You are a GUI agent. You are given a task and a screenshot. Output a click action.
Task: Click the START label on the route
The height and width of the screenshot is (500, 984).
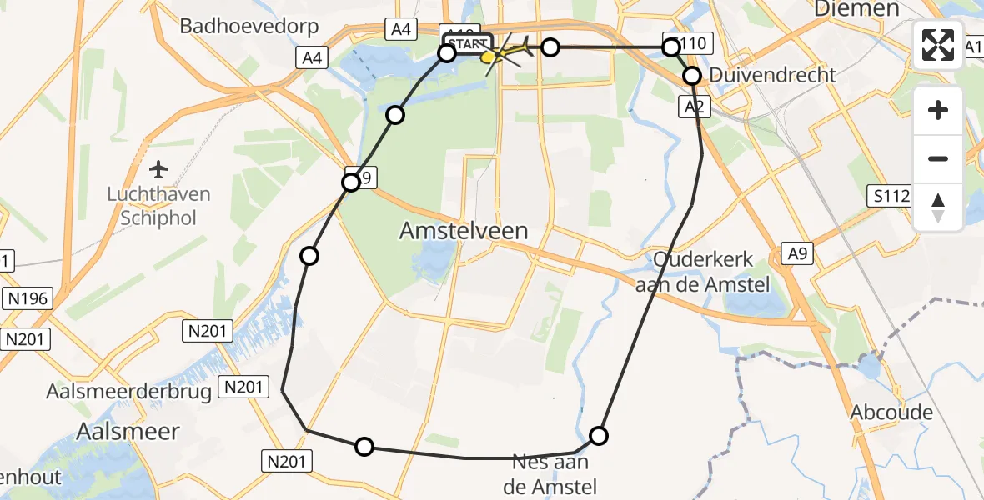pyautogui.click(x=468, y=43)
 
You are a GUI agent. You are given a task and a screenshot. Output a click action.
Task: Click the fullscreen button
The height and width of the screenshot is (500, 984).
pyautogui.click(x=938, y=45)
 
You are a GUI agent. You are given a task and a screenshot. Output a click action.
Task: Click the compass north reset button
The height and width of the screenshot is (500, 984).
pyautogui.click(x=938, y=207)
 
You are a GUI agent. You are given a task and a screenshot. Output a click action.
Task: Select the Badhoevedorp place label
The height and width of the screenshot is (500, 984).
pyautogui.click(x=249, y=26)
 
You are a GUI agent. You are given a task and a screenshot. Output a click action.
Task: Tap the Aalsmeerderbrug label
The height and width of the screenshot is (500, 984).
pyautogui.click(x=128, y=392)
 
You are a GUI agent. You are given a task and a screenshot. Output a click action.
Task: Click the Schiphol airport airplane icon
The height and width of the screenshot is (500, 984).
pyautogui.click(x=158, y=170)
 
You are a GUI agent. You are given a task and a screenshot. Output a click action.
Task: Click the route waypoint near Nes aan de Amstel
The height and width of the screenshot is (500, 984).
pyautogui.click(x=599, y=435)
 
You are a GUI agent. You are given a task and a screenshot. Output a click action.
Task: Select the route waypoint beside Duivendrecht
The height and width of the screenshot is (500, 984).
pyautogui.click(x=693, y=76)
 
